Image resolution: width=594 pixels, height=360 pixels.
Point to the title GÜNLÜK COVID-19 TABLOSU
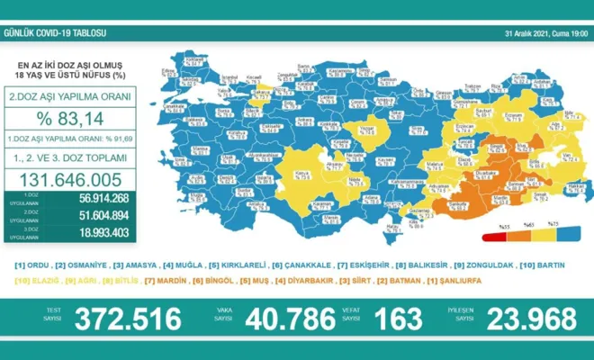tap(56, 33)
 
